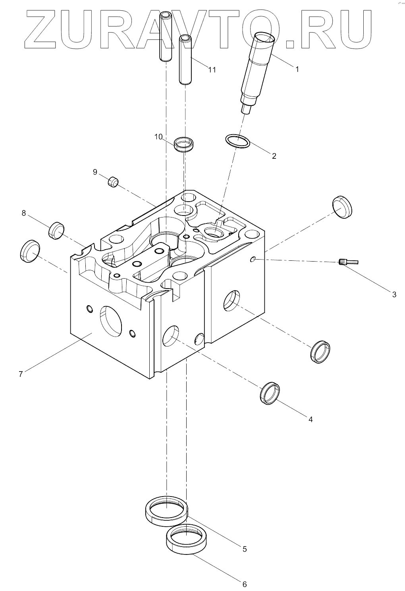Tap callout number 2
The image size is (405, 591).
pyautogui.click(x=274, y=156)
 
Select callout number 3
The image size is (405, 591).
pyautogui.click(x=394, y=295)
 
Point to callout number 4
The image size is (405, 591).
pyautogui.click(x=310, y=419)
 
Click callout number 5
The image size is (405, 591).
pyautogui.click(x=245, y=549)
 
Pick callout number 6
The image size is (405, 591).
pyautogui.click(x=245, y=584)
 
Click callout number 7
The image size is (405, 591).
pyautogui.click(x=21, y=373)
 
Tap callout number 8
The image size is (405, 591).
pyautogui.click(x=23, y=214)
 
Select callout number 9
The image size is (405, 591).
pyautogui.click(x=95, y=172)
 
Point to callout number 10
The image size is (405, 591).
pyautogui.click(x=158, y=137)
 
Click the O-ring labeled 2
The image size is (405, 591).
pyautogui.click(x=237, y=141)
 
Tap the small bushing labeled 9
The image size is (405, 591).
pyautogui.click(x=114, y=182)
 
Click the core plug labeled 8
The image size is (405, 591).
pyautogui.click(x=56, y=230)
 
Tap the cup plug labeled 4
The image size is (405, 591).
pyautogui.click(x=270, y=393)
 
